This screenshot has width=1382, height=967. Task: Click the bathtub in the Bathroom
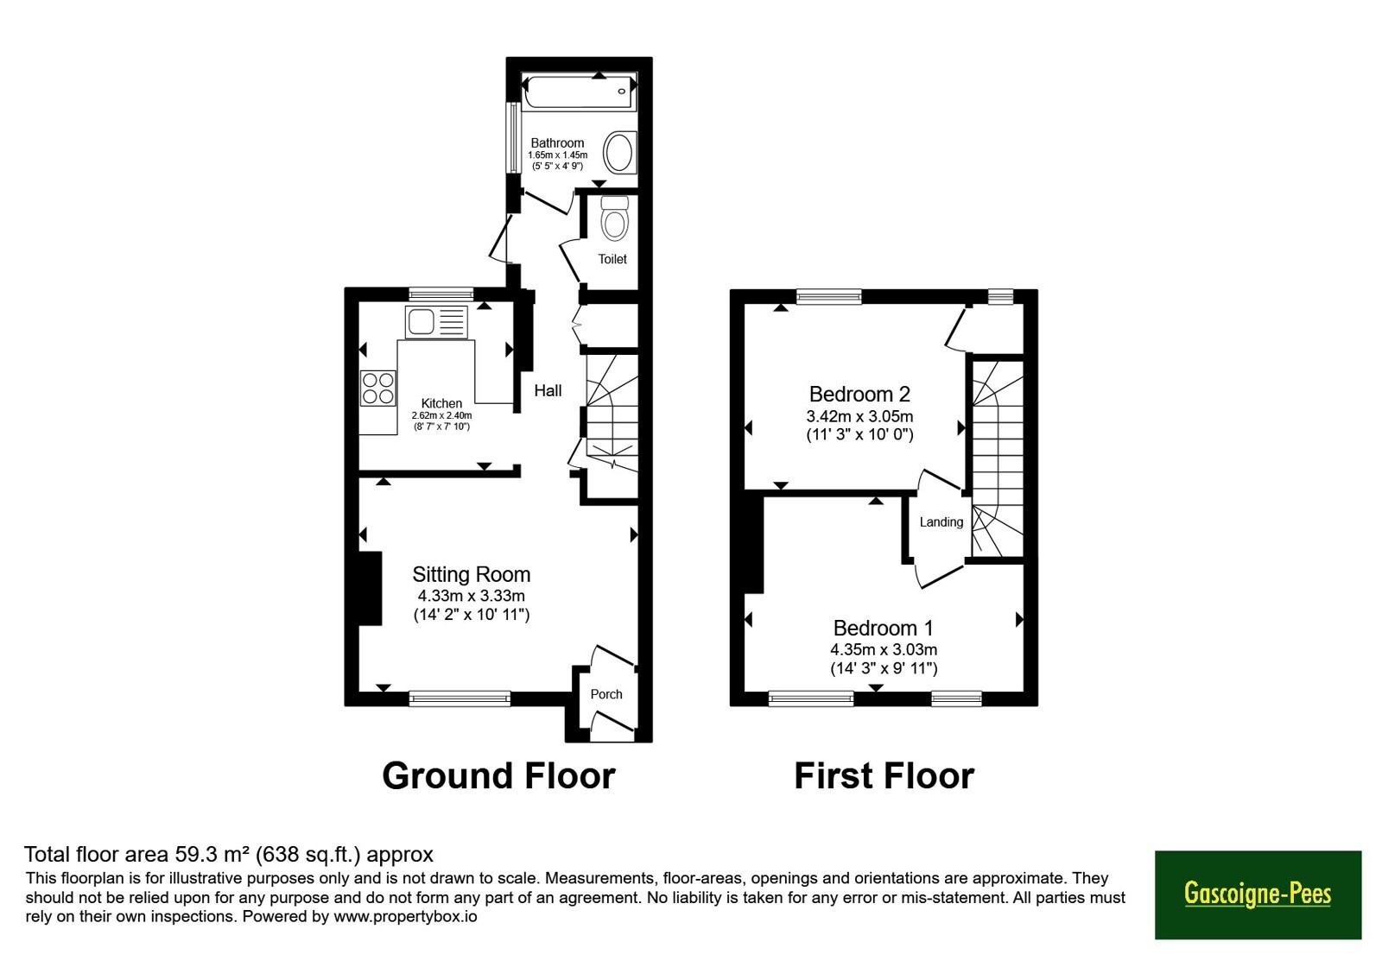[x=579, y=92]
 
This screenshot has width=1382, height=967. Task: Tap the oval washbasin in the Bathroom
[x=620, y=152]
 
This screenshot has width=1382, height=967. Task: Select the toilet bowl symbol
[x=614, y=218]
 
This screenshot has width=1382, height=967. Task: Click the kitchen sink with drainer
[x=436, y=322]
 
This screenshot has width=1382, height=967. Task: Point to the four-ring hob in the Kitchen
[x=378, y=388]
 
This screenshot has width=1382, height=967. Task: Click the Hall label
[x=548, y=390]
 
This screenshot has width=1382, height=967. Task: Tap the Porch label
[x=606, y=694]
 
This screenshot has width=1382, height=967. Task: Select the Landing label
[x=941, y=522]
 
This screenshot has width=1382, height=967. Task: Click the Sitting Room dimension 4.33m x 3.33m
[x=472, y=597]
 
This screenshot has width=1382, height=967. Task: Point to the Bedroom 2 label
[x=859, y=394]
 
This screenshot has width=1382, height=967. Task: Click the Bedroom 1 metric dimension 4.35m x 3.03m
[x=884, y=649]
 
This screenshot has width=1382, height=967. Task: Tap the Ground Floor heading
[x=498, y=776]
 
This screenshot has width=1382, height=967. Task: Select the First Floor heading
[x=884, y=776]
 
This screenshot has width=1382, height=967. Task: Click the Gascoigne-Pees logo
[x=1258, y=894]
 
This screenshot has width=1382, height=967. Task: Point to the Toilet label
[x=612, y=259]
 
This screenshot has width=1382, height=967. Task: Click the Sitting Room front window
[x=460, y=698]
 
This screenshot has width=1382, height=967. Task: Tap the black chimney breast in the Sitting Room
[x=371, y=588]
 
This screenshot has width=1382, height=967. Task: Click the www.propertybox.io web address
[x=405, y=917]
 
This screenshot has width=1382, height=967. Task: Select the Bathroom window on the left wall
[x=513, y=138]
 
